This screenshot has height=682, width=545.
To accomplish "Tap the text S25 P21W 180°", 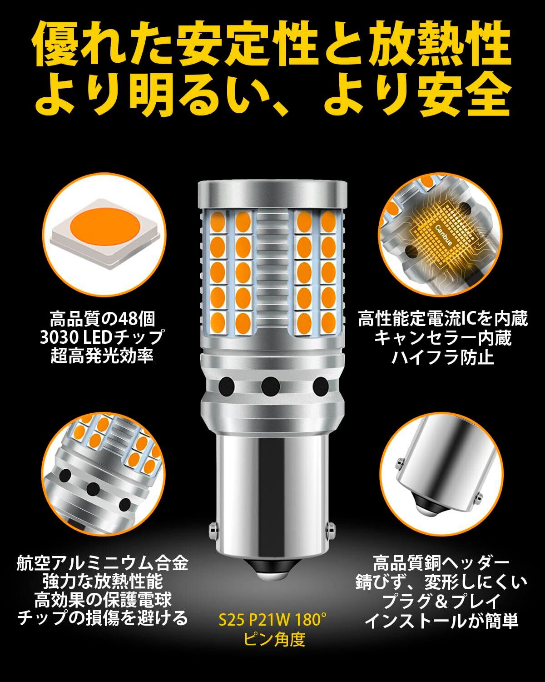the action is tap(272, 620).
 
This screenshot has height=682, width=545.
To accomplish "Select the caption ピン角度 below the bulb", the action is tap(274, 639).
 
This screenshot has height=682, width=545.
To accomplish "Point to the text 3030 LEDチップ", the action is tap(102, 337).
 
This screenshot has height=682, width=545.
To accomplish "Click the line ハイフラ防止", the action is tap(443, 357).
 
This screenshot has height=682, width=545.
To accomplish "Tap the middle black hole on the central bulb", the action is tap(271, 386).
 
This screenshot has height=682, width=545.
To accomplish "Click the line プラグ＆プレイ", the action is tap(441, 601).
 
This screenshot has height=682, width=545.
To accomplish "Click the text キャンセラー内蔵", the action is tap(443, 338).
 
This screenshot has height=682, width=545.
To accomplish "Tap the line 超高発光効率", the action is tap(102, 356).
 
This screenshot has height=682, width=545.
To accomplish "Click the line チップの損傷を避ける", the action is tap(102, 618).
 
